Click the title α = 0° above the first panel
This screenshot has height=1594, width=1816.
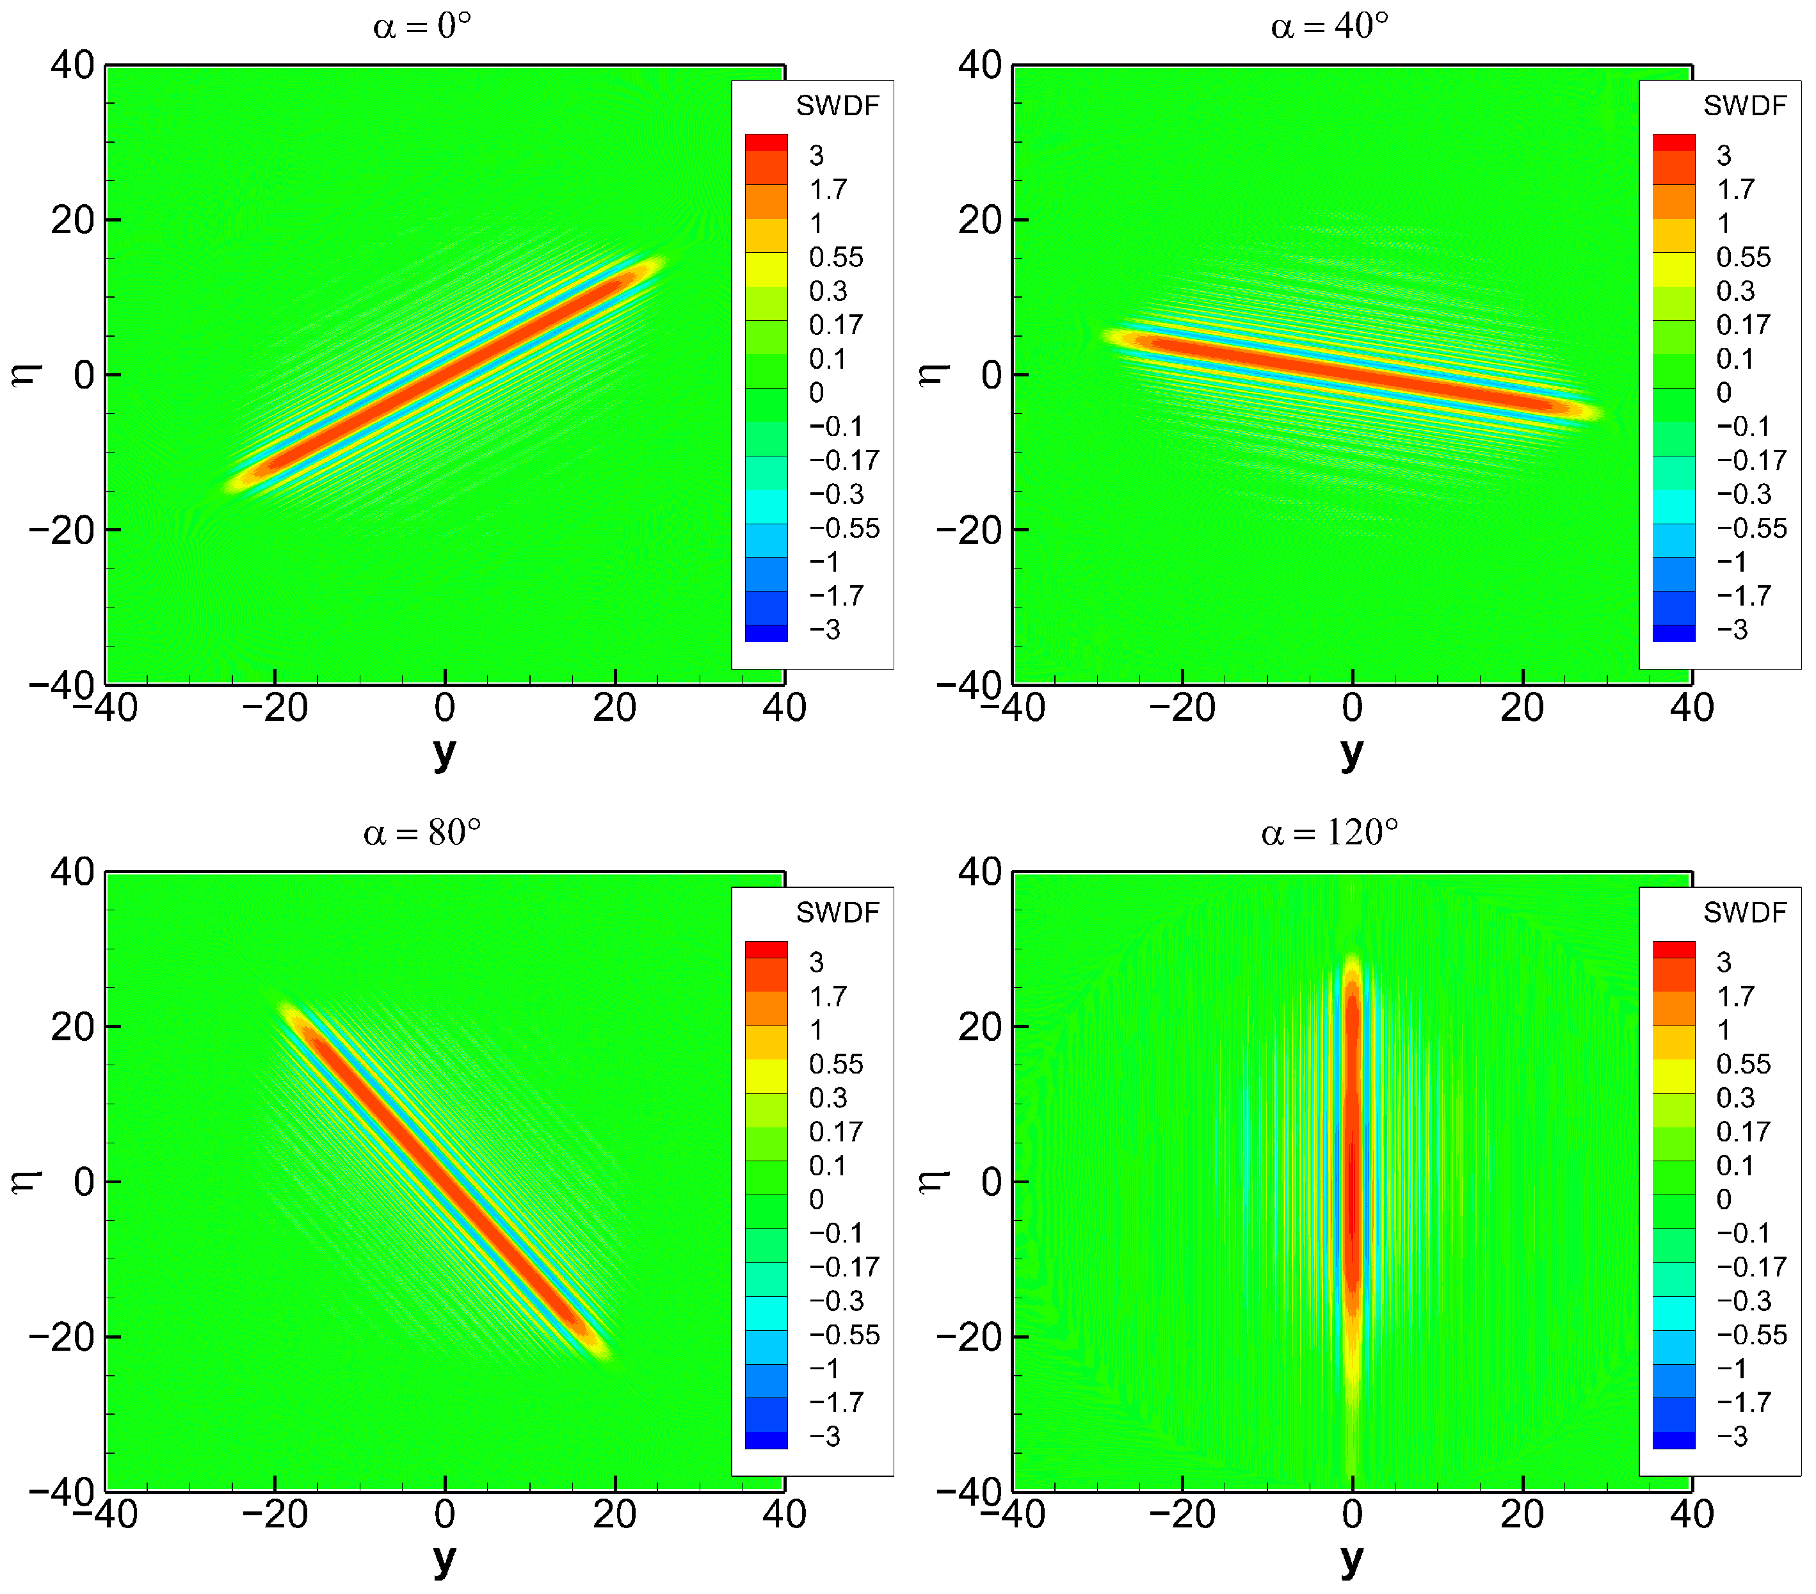point(421,27)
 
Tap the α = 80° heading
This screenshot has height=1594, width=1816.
point(422,833)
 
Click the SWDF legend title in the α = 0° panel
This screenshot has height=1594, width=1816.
point(837,106)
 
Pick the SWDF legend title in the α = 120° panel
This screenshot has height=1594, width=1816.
point(1744,912)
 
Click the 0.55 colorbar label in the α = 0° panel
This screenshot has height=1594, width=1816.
point(835,258)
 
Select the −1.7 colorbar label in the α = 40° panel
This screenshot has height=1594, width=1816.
point(1742,595)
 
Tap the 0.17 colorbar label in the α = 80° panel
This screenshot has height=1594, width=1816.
point(835,1132)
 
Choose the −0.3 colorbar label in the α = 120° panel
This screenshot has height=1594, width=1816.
point(1742,1301)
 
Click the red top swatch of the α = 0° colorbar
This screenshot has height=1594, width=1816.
point(766,142)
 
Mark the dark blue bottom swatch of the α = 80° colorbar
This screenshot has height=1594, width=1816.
point(766,1440)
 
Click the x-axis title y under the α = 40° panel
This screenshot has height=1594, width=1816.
point(1351,753)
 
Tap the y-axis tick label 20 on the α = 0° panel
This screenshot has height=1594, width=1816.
point(73,220)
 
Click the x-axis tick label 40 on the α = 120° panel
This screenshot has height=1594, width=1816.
point(1691,1515)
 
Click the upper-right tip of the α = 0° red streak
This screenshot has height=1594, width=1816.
point(657,263)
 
